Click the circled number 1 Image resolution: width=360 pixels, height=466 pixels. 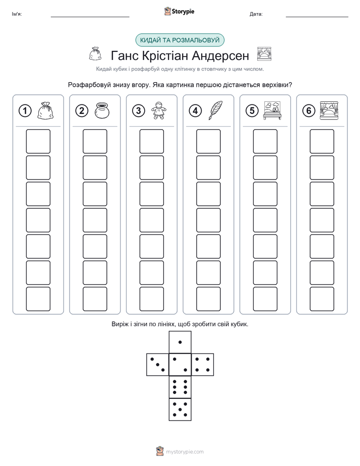(x=25, y=111)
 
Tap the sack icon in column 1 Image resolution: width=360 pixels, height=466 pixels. (x=45, y=110)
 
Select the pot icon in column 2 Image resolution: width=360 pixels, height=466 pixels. (x=102, y=110)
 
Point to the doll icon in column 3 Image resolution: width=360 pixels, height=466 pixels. (x=159, y=110)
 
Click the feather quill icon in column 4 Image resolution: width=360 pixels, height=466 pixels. (x=215, y=110)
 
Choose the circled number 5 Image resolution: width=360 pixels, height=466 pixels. (x=252, y=111)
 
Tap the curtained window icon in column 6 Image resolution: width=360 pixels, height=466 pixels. (x=329, y=110)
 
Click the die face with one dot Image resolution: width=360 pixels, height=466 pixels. (x=180, y=342)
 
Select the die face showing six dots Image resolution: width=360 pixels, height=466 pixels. (x=180, y=387)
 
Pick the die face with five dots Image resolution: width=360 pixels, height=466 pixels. (x=180, y=410)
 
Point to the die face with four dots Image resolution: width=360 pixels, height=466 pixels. (x=203, y=365)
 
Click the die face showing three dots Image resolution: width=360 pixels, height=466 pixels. (x=158, y=365)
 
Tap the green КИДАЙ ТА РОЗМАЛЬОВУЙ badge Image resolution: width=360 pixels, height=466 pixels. (x=179, y=40)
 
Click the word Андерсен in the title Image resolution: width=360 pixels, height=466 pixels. (x=220, y=55)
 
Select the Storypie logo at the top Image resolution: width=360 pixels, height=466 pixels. (x=179, y=11)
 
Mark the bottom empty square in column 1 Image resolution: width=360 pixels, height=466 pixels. (x=38, y=299)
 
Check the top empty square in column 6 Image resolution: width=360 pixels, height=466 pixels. (x=322, y=141)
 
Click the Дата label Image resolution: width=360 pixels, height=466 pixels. (x=256, y=14)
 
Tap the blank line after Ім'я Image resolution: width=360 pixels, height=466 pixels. (x=90, y=17)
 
